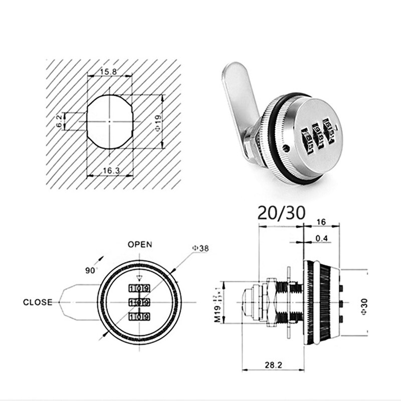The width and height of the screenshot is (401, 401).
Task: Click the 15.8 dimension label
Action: (x=108, y=72)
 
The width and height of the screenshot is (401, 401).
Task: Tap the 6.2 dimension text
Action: (x=60, y=120)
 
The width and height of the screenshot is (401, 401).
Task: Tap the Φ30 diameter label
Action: (x=364, y=304)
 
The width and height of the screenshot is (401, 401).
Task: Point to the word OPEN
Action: (x=139, y=245)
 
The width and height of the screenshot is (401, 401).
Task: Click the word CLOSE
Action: (x=38, y=302)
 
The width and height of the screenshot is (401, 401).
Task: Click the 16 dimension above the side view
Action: (x=322, y=221)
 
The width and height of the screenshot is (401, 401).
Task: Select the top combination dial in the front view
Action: (x=139, y=288)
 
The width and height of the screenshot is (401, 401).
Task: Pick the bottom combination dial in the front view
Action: (x=139, y=316)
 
